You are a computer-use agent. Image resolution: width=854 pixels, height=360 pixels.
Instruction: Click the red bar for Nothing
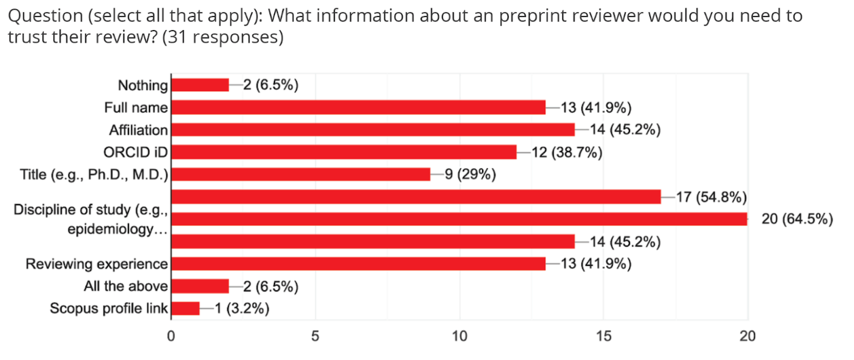point(200,85)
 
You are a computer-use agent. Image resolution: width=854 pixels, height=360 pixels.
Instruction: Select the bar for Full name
point(358,108)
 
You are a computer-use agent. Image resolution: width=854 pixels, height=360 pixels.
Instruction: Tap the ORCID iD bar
point(343,152)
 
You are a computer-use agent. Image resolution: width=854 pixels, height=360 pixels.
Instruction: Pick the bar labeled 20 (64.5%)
point(459,219)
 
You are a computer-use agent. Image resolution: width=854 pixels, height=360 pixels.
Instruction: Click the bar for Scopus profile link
point(185,309)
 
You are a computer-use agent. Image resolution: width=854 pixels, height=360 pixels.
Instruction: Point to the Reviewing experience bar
point(358,264)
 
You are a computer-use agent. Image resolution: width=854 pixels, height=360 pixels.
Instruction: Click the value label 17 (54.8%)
point(711,197)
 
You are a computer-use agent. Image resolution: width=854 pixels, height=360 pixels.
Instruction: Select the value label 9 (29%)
point(470,175)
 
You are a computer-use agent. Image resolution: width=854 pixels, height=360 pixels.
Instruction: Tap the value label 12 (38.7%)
point(567,153)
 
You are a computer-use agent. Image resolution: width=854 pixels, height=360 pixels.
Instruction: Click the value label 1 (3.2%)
point(242,309)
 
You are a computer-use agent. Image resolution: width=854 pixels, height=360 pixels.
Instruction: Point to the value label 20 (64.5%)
point(797,219)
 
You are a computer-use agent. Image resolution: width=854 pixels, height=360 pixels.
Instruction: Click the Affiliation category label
point(138,130)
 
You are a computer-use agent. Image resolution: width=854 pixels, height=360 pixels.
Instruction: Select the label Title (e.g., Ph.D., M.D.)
point(94,175)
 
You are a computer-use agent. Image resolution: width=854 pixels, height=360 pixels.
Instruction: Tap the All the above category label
point(126,286)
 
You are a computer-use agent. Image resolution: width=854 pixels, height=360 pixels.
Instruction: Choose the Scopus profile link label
point(109,309)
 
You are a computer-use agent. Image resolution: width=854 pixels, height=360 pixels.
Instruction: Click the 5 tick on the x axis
point(315,336)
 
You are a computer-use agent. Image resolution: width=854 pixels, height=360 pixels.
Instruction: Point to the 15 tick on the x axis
point(603,336)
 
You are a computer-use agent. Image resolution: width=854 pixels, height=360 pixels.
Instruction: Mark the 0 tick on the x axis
point(171,336)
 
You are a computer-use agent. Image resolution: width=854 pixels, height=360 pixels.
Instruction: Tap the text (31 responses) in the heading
point(222,37)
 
